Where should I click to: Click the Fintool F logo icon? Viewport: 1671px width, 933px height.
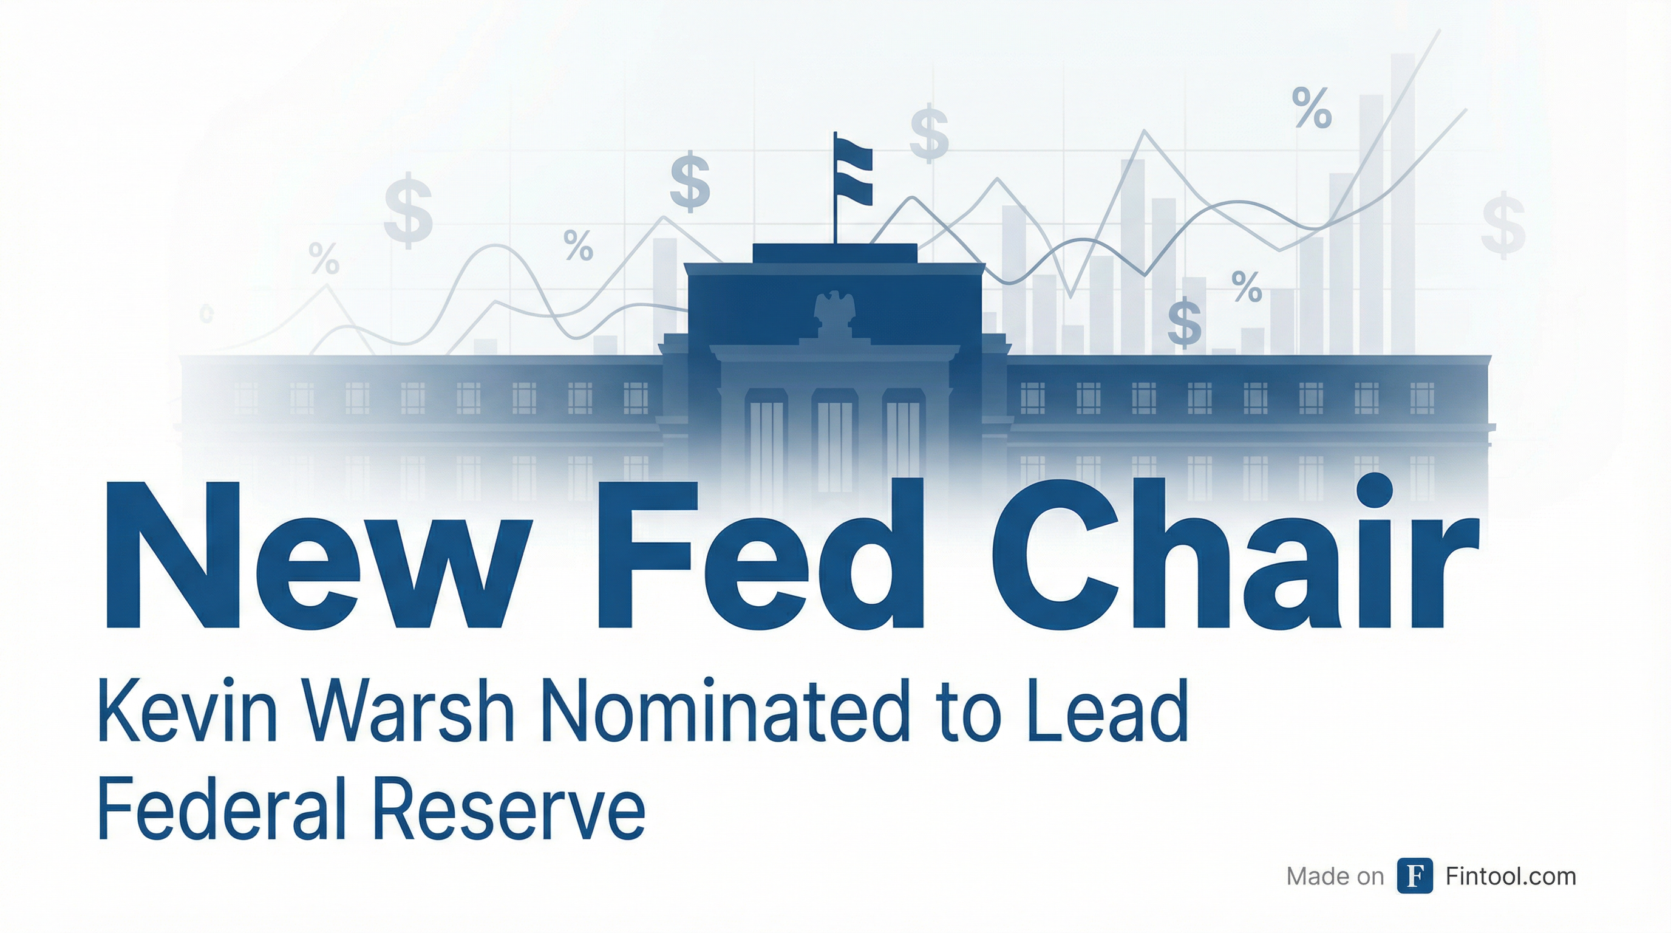[x=1415, y=876]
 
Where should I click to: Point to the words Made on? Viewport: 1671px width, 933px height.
[x=1335, y=877]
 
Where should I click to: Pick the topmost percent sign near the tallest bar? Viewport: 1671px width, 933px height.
[x=1312, y=108]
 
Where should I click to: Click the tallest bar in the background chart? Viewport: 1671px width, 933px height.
[x=1403, y=203]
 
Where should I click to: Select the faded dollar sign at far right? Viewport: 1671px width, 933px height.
[x=1503, y=224]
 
